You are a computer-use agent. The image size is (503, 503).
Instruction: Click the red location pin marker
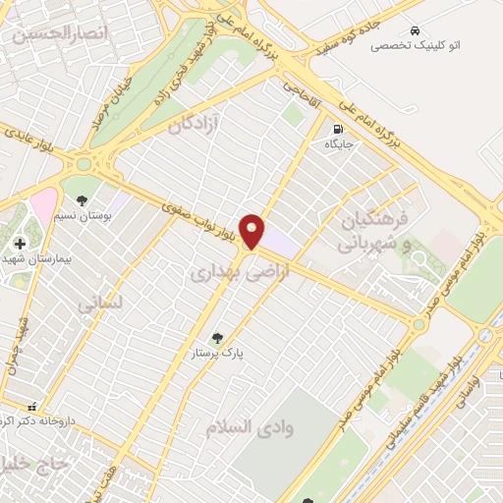[252, 231]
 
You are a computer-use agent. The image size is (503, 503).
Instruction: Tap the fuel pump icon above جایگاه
[339, 128]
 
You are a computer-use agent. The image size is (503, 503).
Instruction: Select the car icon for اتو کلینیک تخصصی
[418, 29]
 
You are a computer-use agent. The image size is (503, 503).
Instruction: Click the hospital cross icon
[20, 243]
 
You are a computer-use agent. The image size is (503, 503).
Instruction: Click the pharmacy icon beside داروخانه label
[32, 407]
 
